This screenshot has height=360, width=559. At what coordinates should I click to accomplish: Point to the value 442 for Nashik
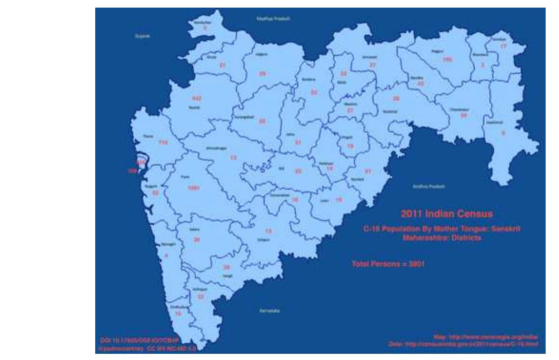[x=196, y=98]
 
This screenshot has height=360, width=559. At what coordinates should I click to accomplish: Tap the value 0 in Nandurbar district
[x=205, y=28]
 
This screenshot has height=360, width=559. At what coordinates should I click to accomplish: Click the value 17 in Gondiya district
[x=503, y=46]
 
